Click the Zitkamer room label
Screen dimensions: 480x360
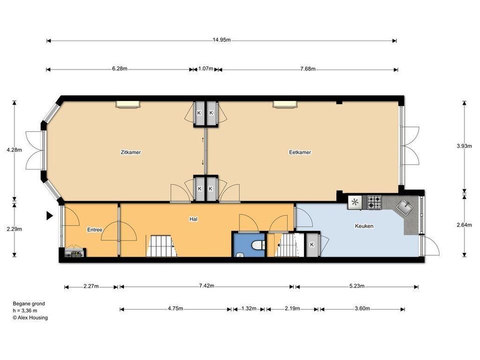point(130,152)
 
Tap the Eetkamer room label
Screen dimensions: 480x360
point(299,152)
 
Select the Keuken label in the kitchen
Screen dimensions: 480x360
point(364,226)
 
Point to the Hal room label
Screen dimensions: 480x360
point(193,219)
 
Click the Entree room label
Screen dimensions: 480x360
point(94,229)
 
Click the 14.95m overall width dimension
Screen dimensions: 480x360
point(221,40)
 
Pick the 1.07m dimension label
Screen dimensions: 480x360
point(205,68)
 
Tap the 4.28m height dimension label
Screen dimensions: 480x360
point(14,150)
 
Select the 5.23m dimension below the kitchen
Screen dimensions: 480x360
point(356,286)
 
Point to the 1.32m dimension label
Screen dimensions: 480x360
point(248,308)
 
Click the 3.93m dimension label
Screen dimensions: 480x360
point(464,146)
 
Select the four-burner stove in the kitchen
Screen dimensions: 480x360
point(374,202)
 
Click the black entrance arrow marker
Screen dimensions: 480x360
point(49,215)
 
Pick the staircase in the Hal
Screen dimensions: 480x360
point(162,246)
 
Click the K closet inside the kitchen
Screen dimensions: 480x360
point(312,244)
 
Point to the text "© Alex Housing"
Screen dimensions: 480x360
point(30,318)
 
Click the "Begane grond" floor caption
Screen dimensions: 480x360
point(29,303)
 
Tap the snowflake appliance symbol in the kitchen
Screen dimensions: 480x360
point(355,202)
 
